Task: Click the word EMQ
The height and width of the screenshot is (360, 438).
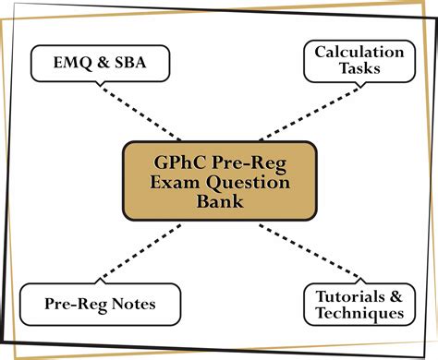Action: coord(63,64)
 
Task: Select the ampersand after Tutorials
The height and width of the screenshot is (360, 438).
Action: coord(394,295)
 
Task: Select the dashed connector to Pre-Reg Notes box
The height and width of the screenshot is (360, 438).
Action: coord(139,252)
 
